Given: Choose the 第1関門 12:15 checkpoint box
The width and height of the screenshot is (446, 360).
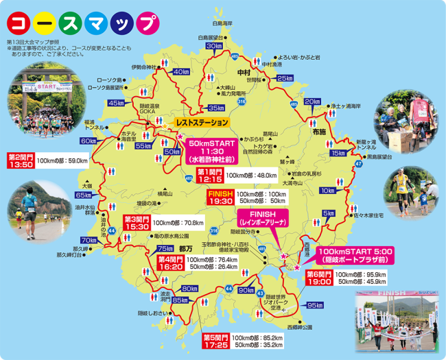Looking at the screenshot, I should tap(209, 175).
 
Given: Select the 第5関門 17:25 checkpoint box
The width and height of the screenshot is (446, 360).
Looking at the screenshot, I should tap(215, 341).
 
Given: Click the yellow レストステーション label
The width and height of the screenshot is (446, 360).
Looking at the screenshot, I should tap(202, 122).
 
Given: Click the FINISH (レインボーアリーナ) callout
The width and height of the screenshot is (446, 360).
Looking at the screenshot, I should tap(263, 219).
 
